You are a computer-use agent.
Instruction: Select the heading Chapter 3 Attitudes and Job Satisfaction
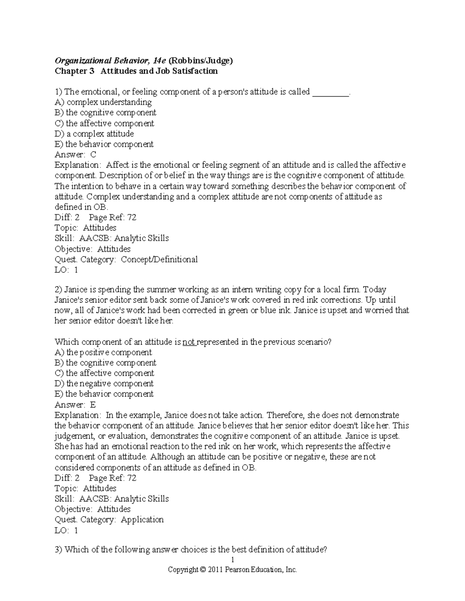click(136, 71)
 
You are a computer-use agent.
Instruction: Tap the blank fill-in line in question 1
click(330, 92)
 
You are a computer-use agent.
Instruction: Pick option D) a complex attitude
click(94, 134)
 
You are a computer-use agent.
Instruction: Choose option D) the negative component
click(104, 384)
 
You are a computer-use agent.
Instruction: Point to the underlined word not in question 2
click(189, 342)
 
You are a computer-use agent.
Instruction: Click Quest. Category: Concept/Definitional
click(126, 259)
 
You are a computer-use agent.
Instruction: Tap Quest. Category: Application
click(109, 520)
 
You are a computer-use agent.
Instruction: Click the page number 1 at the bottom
click(232, 560)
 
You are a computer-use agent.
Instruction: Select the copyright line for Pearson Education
click(232, 570)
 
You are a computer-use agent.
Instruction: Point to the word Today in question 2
click(375, 290)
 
